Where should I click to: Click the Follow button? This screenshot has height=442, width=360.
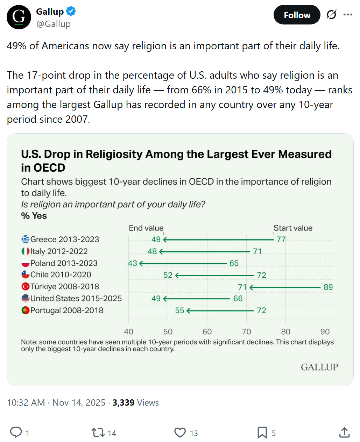pos(297,15)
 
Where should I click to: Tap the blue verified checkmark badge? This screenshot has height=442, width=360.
pos(71,12)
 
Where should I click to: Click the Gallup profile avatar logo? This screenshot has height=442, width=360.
pos(19,17)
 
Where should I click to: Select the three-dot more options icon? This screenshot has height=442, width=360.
pos(348,15)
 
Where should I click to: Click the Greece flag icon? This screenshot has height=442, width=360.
pos(26,239)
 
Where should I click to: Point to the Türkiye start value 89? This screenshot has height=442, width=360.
pos(328,287)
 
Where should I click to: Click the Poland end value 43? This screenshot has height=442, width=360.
pos(133,263)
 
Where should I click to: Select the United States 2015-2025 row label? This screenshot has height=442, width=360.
pos(76,299)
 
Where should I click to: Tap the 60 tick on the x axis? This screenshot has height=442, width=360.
pos(207,331)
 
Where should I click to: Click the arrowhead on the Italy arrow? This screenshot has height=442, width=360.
pos(161,251)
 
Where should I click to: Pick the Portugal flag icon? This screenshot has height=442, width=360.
pos(26,311)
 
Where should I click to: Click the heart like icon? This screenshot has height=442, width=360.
pos(180,433)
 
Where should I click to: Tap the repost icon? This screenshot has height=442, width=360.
pos(98,433)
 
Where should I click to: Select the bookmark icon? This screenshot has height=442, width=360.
pos(262,433)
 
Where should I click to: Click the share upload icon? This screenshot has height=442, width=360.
pos(345,433)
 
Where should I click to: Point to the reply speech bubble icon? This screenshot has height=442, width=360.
pos(16,433)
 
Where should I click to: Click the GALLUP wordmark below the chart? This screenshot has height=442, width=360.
pos(320,367)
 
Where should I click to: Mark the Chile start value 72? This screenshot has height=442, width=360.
pos(262,275)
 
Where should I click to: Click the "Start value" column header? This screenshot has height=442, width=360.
pos(293,228)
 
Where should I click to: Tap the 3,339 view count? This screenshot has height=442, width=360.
pos(123,402)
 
